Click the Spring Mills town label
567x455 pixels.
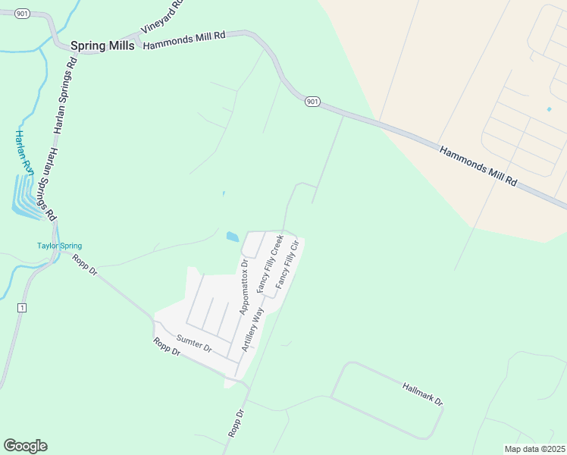tap(102, 45)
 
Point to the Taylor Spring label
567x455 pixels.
tap(59, 246)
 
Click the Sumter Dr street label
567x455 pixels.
tap(194, 344)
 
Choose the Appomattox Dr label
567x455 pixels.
tap(243, 288)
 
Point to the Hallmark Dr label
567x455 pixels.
tap(421, 394)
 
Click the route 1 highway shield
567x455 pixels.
tap(22, 307)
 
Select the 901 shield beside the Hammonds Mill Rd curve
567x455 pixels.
tap(312, 101)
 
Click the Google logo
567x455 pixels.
tap(25, 446)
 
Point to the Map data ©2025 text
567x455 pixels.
tap(534, 449)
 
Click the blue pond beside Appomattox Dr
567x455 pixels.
tap(232, 237)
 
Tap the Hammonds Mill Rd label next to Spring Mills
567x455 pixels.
tap(184, 41)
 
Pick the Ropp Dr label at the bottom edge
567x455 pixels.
tap(236, 423)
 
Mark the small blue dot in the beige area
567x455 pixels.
tap(549, 109)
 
